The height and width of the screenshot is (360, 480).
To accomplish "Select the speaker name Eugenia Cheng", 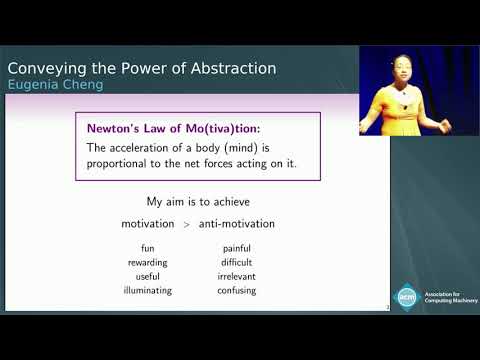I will [x=55, y=84].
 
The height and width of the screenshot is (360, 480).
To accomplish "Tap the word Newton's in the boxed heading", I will [x=112, y=128].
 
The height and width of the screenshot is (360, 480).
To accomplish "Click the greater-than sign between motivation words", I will [x=185, y=223].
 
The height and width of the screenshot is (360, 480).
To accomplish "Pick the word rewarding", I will [x=148, y=263].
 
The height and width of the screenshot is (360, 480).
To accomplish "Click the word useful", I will [x=148, y=276].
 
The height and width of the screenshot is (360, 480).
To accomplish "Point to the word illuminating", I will [x=148, y=290].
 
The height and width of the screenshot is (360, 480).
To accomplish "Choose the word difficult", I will [x=236, y=263].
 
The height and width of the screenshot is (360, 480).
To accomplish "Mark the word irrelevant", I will [x=236, y=276].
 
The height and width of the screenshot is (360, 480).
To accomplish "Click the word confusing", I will [x=236, y=290].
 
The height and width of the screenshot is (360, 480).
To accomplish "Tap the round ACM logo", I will [x=406, y=296].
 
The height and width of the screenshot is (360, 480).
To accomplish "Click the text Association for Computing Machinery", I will [x=446, y=297].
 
